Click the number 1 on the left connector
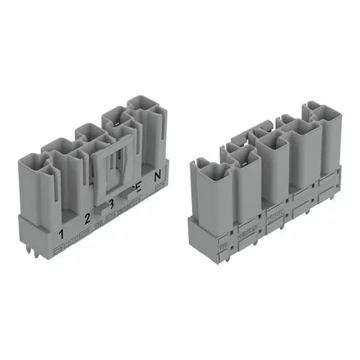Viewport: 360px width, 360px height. coord(61,233)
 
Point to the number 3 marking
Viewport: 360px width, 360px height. coord(110,205)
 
